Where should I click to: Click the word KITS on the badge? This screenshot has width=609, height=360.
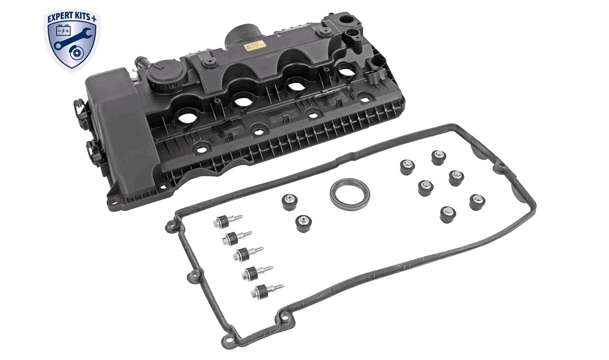click(x=82, y=17)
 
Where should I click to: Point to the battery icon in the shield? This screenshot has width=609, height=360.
click(x=63, y=30)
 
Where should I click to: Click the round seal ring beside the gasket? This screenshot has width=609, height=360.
click(x=349, y=194)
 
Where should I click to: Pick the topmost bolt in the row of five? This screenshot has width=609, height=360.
click(x=228, y=222)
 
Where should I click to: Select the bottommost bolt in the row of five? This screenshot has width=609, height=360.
click(x=267, y=290)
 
